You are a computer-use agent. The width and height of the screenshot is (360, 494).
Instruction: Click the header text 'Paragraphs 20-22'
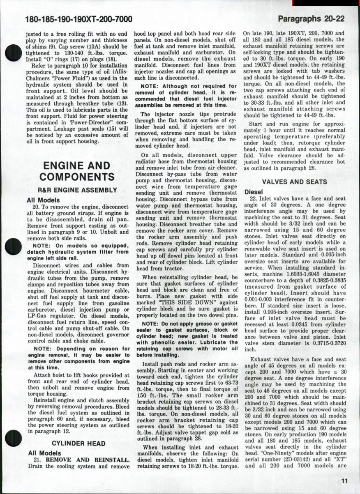tap(311, 19)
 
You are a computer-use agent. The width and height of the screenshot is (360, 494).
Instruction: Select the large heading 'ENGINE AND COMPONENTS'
tap(77, 171)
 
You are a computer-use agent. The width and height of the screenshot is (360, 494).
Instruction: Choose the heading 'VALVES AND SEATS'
tap(295, 182)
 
